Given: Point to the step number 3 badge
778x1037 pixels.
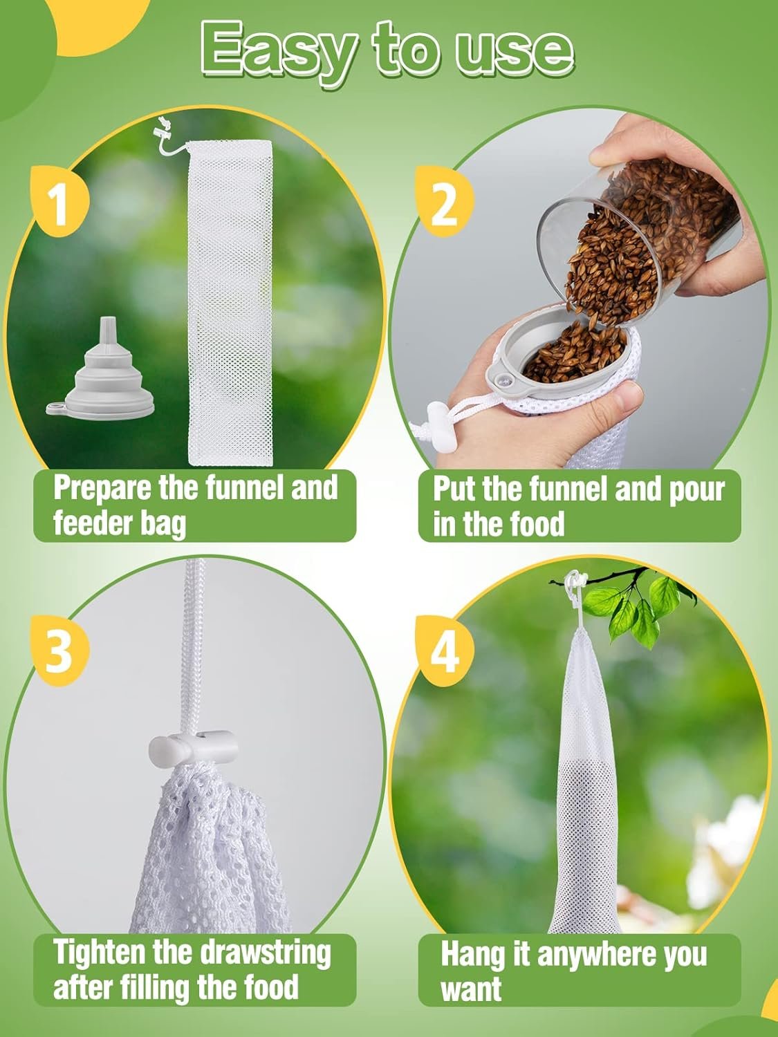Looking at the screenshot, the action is pyautogui.click(x=60, y=651).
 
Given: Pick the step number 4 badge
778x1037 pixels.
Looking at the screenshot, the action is pyautogui.click(x=445, y=651).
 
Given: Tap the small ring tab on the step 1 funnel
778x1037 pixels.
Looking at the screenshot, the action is pyautogui.click(x=55, y=407).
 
